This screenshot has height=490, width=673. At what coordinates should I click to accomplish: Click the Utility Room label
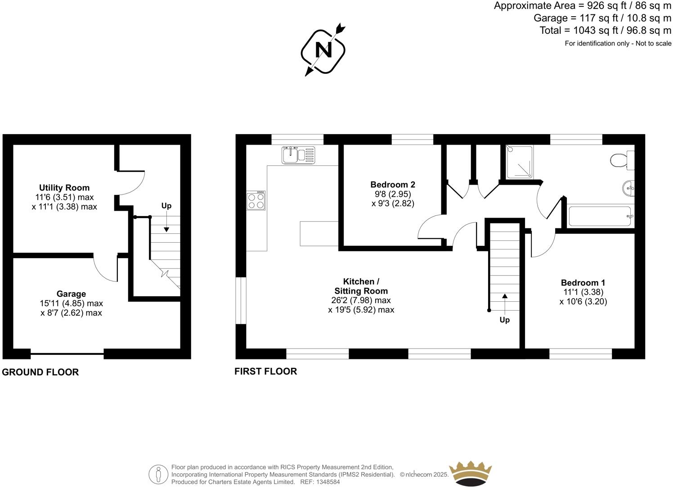[64, 187]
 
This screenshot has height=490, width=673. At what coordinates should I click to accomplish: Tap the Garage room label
[71, 294]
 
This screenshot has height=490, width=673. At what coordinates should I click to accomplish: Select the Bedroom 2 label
[393, 184]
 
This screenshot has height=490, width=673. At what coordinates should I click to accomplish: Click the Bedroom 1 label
[583, 282]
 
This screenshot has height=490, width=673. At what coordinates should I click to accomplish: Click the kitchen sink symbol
[299, 155]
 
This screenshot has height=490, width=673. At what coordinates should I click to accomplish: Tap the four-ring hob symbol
[256, 200]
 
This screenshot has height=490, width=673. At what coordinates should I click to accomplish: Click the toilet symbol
[622, 160]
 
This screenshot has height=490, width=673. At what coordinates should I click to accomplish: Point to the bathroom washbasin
[628, 188]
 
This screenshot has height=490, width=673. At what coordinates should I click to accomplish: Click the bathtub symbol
[600, 217]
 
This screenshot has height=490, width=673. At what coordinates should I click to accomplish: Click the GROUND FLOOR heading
[40, 372]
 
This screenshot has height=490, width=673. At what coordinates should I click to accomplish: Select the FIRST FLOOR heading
[265, 371]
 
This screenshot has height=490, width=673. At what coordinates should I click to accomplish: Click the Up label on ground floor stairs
[166, 206]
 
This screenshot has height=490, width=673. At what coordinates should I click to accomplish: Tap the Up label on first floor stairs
[504, 320]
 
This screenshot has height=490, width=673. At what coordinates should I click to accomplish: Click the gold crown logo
[471, 473]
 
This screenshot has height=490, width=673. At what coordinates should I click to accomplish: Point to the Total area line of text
[605, 31]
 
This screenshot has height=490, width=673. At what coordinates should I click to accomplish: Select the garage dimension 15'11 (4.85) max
[72, 304]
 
